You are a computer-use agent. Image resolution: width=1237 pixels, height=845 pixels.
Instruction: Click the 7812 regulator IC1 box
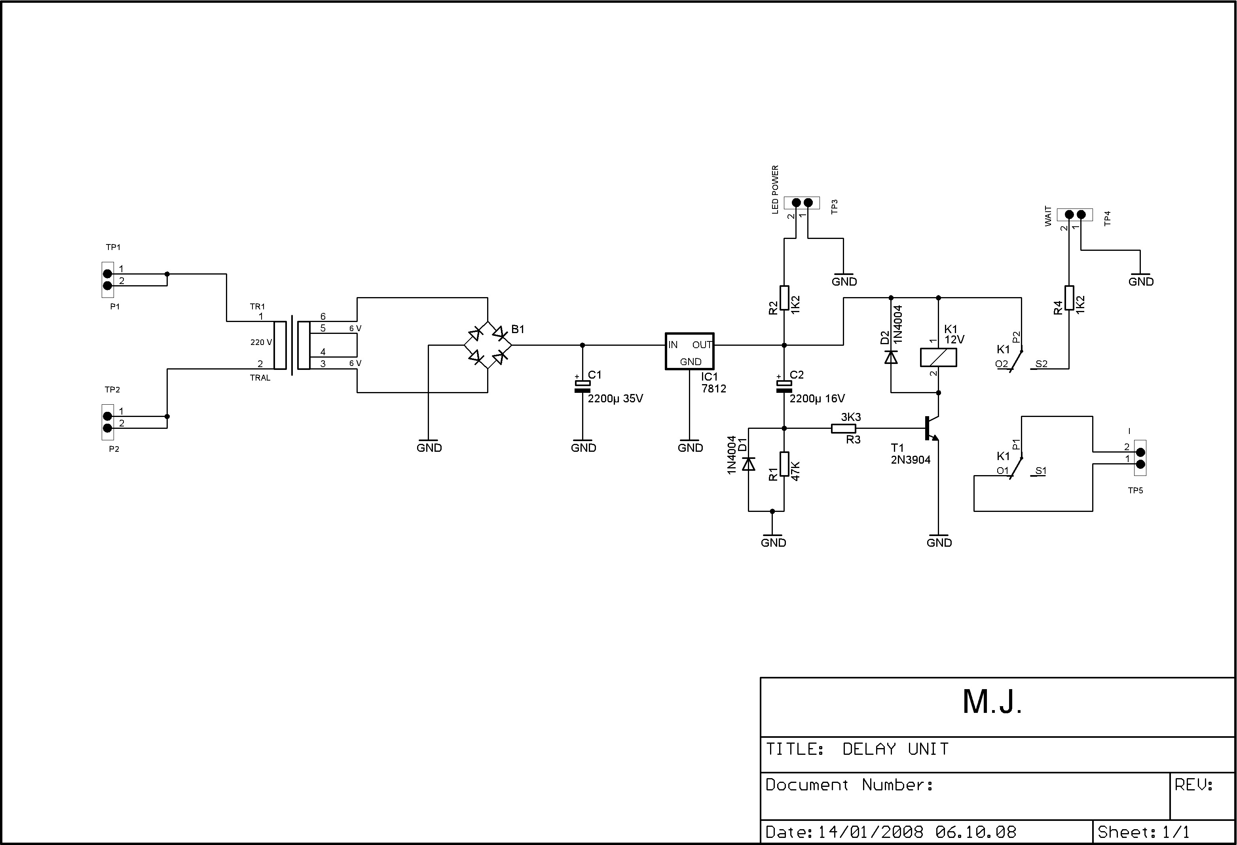tap(689, 351)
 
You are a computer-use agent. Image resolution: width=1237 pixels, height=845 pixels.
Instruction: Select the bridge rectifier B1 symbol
tap(488, 345)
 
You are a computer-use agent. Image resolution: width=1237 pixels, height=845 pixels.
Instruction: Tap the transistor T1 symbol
tap(932, 428)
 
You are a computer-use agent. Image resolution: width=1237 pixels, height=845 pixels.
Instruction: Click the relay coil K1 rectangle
tap(938, 358)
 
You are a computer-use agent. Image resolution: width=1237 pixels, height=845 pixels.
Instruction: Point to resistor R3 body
tap(844, 428)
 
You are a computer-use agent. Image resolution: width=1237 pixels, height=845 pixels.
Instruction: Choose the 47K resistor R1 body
tap(784, 464)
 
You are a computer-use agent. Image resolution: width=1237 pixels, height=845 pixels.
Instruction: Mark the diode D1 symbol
tap(748, 464)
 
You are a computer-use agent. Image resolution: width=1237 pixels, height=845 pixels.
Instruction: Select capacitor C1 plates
tap(582, 387)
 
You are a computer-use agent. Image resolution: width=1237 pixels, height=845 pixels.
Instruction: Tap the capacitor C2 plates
tap(784, 387)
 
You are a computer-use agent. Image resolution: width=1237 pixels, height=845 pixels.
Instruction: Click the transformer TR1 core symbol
tap(292, 345)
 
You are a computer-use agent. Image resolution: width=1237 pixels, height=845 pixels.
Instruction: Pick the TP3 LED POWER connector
tap(802, 203)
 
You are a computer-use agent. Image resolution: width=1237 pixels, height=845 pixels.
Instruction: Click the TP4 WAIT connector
tap(1075, 214)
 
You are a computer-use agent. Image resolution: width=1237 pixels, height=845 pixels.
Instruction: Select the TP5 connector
tap(1140, 458)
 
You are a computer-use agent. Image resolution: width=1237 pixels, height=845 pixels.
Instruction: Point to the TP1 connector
tap(108, 280)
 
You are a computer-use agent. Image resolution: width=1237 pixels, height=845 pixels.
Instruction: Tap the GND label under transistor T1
tap(939, 543)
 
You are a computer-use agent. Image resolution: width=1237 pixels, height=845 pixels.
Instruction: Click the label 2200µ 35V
tap(615, 398)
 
